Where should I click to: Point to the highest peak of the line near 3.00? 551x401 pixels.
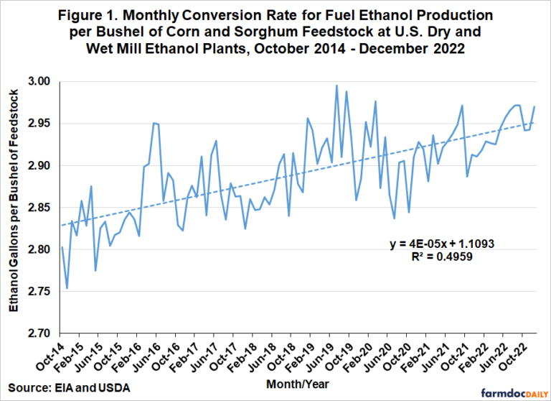coord(336,86)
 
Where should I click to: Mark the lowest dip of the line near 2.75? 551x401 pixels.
coord(67,288)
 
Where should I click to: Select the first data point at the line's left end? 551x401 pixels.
coord(62,246)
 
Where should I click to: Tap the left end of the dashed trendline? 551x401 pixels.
coord(62,225)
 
